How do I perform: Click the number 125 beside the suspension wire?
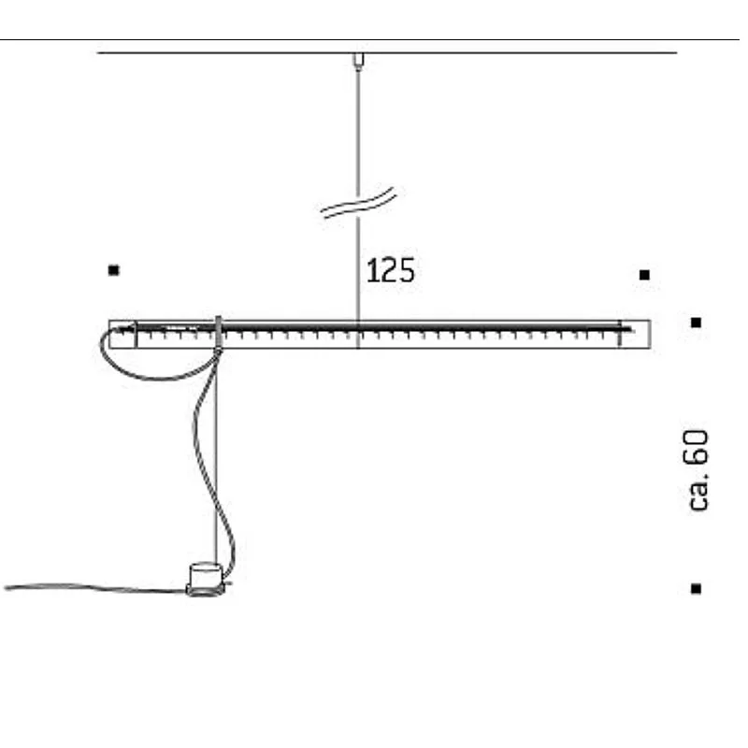390,271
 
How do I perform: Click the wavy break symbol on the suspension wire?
358,203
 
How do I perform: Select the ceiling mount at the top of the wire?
357,60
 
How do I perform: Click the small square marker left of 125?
114,270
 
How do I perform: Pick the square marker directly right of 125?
644,275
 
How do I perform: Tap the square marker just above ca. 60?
696,323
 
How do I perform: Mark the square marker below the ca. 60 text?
696,588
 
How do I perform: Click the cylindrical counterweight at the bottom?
205,577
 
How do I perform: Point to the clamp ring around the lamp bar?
218,334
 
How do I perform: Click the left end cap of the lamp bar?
122,334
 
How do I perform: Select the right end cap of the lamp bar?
635,334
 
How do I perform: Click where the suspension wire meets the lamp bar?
357,324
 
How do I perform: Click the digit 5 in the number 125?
406,271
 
